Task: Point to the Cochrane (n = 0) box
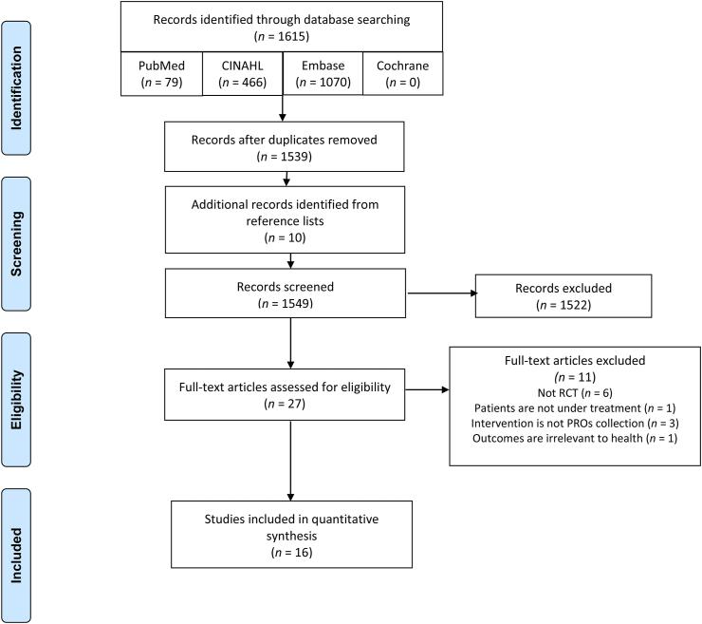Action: (x=402, y=73)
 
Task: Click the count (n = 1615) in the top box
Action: (x=282, y=35)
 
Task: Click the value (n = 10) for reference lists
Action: (x=291, y=240)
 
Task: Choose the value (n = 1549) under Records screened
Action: (x=291, y=303)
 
